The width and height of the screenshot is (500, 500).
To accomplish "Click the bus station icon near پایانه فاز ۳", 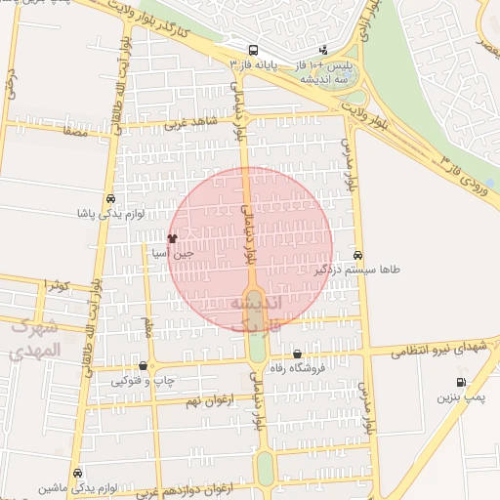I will (253, 50).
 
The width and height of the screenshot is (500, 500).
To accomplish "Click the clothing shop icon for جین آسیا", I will (172, 237).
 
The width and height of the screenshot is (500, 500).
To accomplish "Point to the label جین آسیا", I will (173, 254).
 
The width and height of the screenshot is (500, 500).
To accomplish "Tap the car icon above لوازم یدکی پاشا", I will (111, 197).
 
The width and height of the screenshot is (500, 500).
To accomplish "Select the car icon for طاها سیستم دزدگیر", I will (358, 254).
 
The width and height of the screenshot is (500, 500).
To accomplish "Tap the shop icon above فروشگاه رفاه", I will (297, 354).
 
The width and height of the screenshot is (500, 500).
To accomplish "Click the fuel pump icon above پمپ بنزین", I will (459, 383).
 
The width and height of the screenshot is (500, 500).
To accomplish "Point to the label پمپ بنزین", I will (459, 398).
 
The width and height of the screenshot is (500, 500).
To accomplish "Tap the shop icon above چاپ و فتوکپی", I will (144, 365).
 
